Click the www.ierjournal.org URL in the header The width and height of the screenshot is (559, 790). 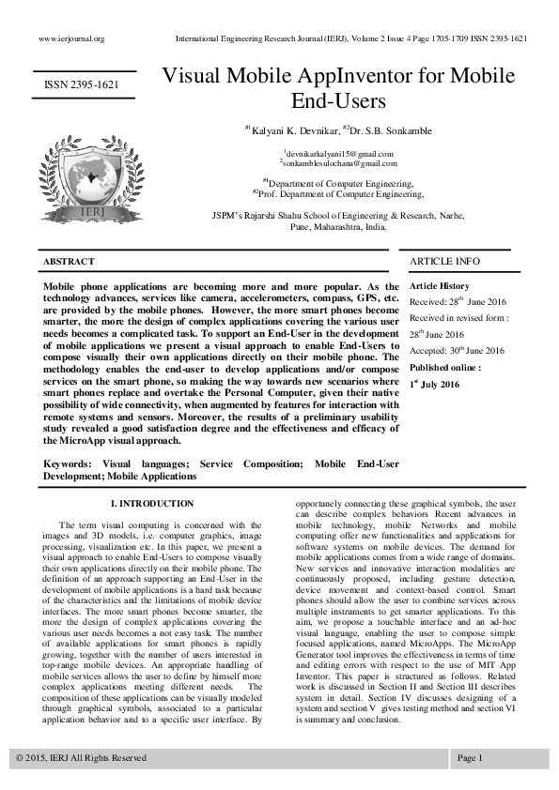click(70, 38)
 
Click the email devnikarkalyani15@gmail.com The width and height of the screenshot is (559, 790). click(339, 153)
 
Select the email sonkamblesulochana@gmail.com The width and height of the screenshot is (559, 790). click(339, 163)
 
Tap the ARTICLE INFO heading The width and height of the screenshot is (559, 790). click(444, 261)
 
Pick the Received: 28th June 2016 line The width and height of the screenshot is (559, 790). click(458, 301)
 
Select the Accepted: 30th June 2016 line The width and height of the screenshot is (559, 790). click(457, 351)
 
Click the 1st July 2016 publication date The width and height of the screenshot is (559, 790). click(434, 384)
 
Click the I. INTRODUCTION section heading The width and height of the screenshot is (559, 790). click(152, 504)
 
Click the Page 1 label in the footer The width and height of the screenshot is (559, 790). click(470, 757)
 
